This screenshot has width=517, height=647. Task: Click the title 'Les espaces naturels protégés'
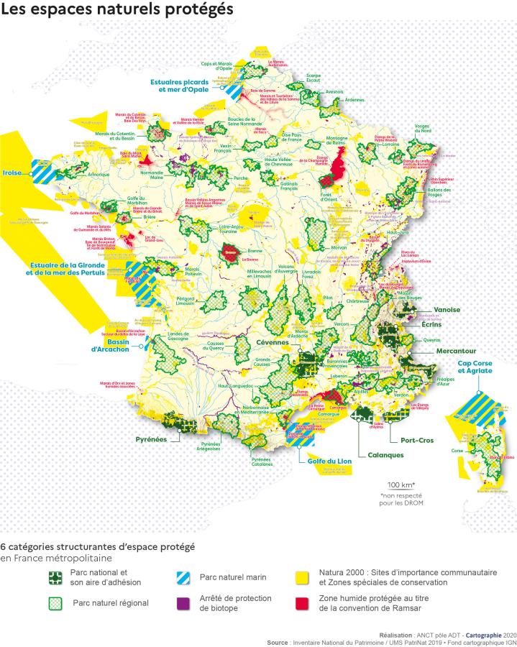[116, 10]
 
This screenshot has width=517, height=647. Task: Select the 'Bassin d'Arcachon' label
[110, 345]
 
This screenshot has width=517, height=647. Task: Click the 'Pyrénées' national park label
[151, 439]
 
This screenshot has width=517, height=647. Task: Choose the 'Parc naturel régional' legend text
[110, 602]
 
